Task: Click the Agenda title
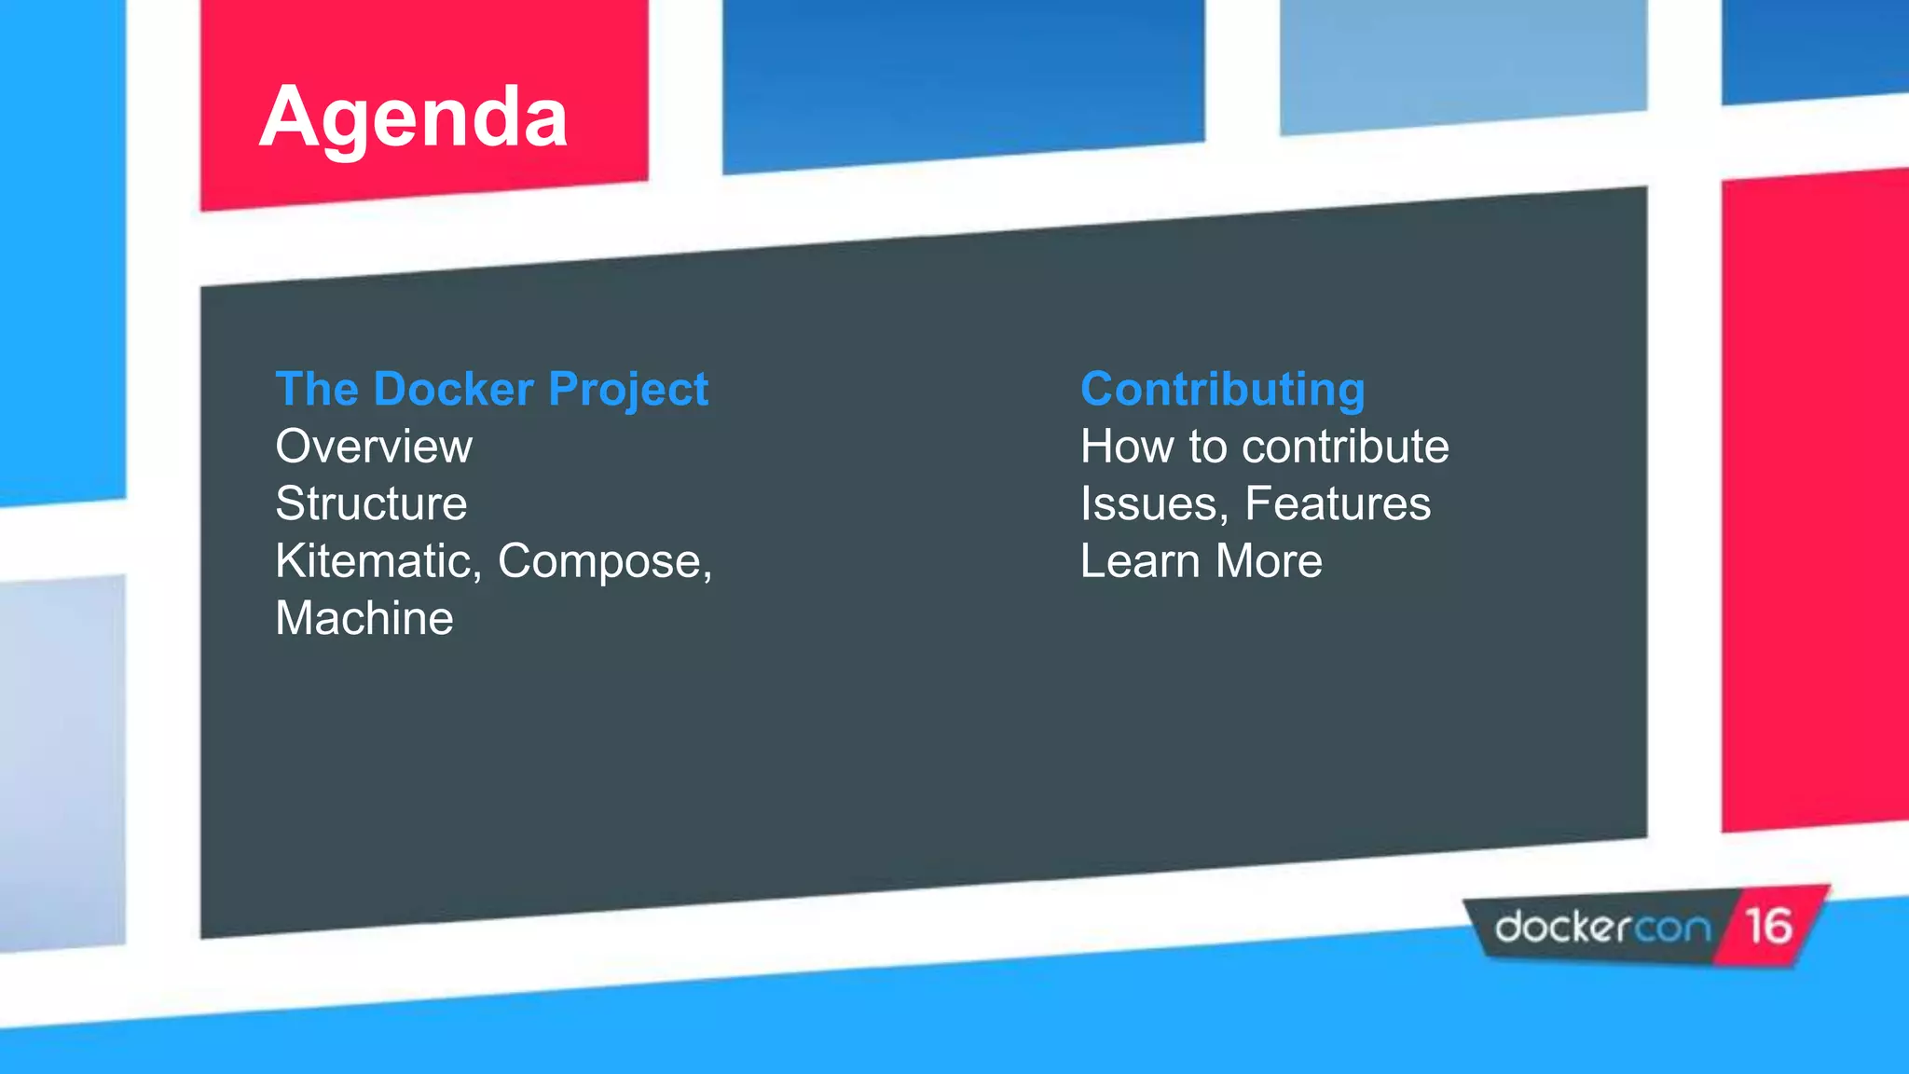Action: pyautogui.click(x=413, y=118)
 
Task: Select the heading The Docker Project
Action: pyautogui.click(x=491, y=389)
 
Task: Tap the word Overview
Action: pyautogui.click(x=374, y=447)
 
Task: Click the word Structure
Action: pyautogui.click(x=371, y=504)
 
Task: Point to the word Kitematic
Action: pyautogui.click(x=378, y=561)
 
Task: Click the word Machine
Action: pyautogui.click(x=364, y=618)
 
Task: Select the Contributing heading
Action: pyautogui.click(x=1222, y=389)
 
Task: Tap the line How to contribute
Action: pyautogui.click(x=1264, y=447)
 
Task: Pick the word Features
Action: pyautogui.click(x=1337, y=504)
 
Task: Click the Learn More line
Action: pyautogui.click(x=1201, y=561)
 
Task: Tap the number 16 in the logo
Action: pyautogui.click(x=1767, y=927)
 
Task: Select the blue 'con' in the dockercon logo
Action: pyautogui.click(x=1674, y=929)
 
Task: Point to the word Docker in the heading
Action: pyautogui.click(x=453, y=389)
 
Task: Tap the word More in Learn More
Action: pyautogui.click(x=1269, y=561)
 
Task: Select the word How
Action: pyautogui.click(x=1128, y=447)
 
